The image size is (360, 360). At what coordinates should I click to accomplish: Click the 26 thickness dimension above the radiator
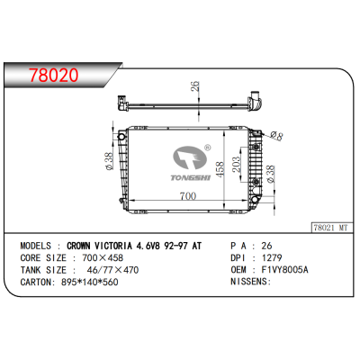point(193,87)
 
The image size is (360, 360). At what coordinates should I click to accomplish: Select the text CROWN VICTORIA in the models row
point(118,245)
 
